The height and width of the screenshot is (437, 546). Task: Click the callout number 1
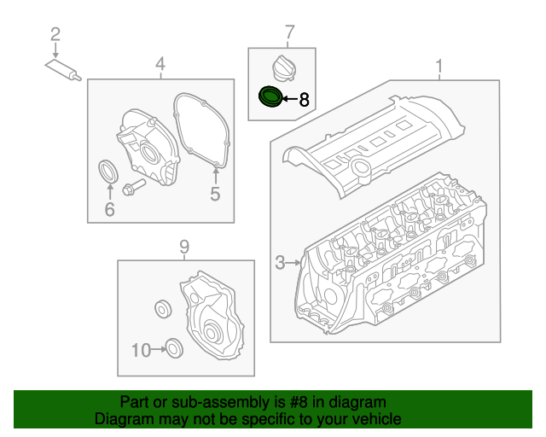[x=440, y=66]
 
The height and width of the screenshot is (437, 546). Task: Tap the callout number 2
[x=55, y=34]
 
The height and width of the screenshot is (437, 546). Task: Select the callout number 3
[x=281, y=263]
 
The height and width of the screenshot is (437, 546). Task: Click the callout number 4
[x=160, y=64]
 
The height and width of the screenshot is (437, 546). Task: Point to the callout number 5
[x=215, y=195]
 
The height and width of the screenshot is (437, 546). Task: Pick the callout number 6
[x=109, y=208]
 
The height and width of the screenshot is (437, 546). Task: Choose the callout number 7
[x=289, y=33]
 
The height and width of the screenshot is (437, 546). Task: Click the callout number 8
[x=305, y=100]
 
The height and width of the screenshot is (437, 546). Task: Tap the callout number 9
[x=183, y=248]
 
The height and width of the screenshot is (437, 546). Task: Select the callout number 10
[x=141, y=348]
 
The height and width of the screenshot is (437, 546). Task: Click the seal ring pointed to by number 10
[x=173, y=347]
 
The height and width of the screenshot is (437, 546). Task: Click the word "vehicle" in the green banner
[x=372, y=419]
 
